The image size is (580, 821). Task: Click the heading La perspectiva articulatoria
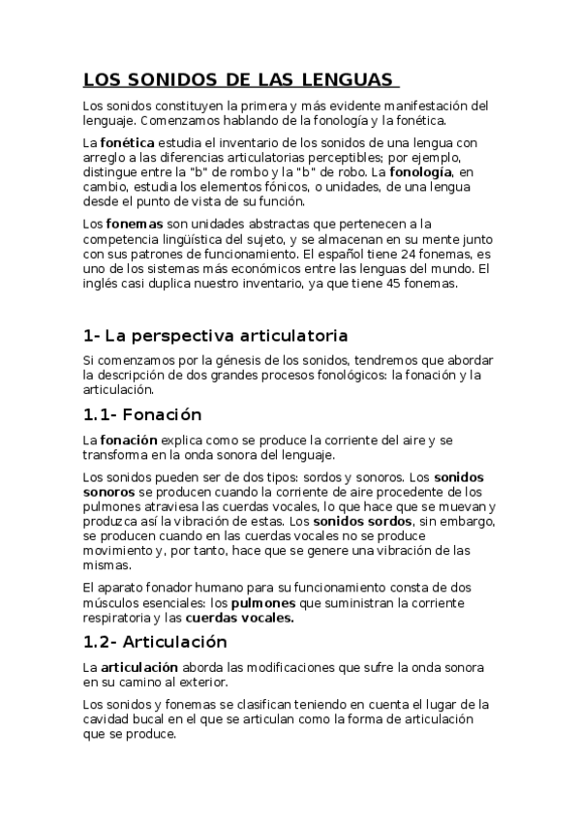click(215, 336)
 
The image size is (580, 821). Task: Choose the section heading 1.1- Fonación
click(142, 414)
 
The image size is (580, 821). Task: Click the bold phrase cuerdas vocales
click(239, 618)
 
